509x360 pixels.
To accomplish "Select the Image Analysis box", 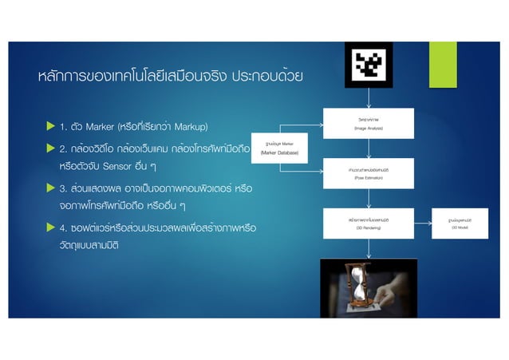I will pyautogui.click(x=369, y=125).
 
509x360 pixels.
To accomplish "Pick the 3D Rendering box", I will pyautogui.click(x=369, y=222).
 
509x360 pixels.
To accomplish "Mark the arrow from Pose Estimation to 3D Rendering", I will pyautogui.click(x=369, y=198).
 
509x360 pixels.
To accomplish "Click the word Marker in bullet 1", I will pyautogui.click(x=100, y=127).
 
